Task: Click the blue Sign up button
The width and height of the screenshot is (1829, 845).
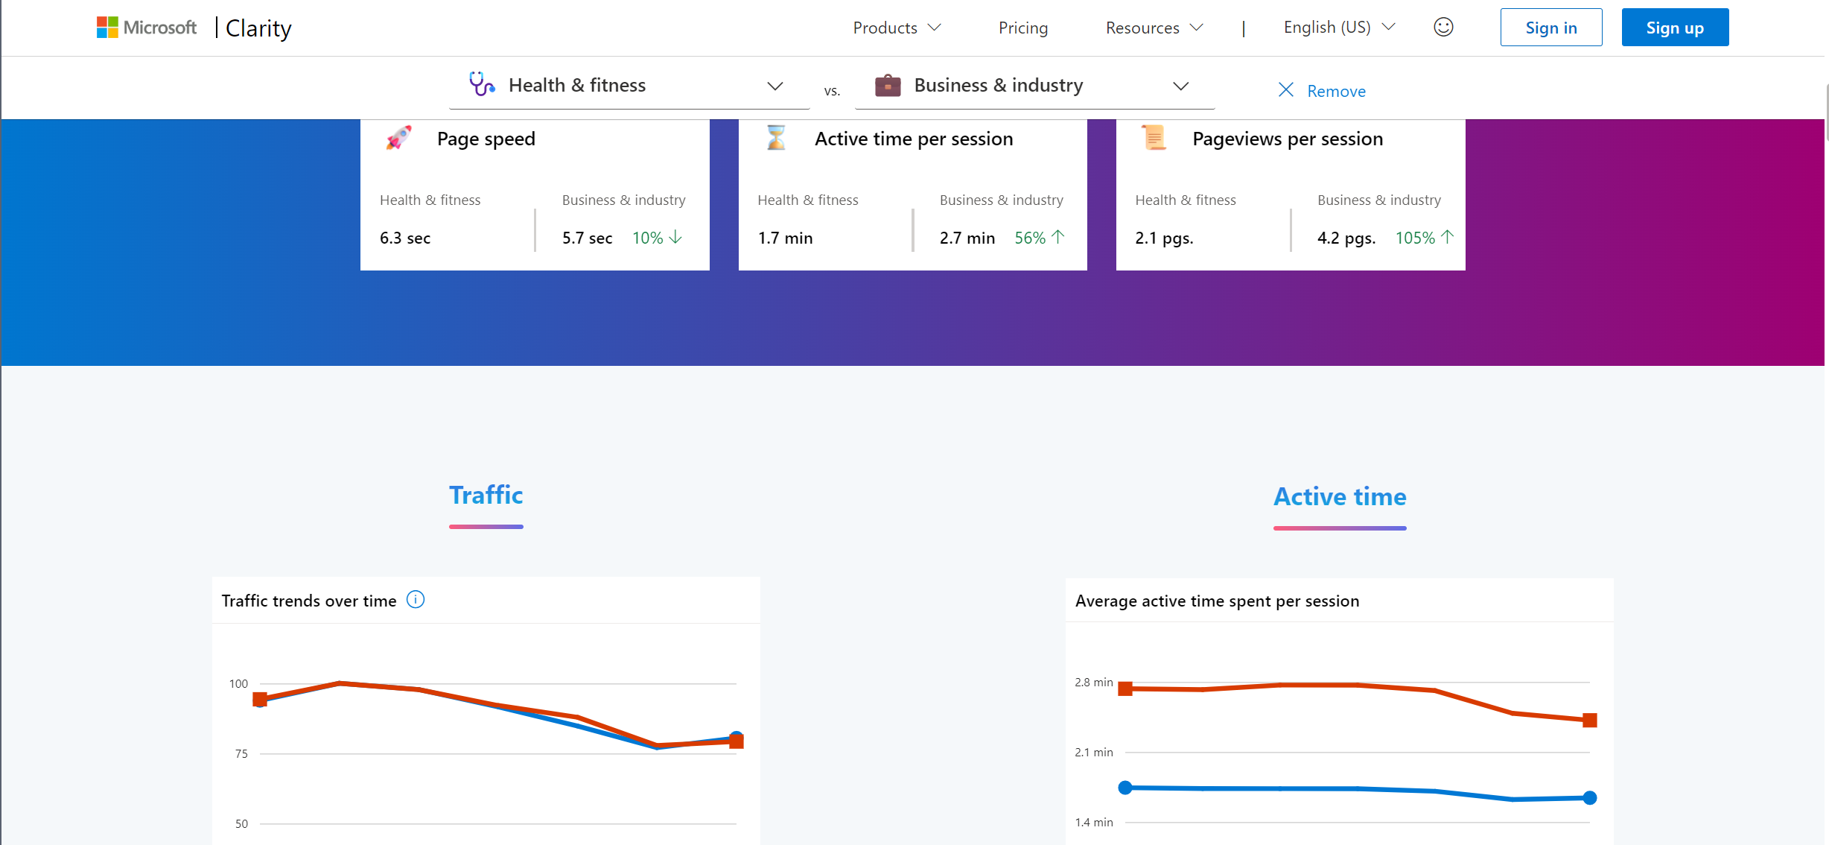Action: click(1674, 28)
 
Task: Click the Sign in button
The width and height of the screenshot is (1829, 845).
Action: click(1550, 28)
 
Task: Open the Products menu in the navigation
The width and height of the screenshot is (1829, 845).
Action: click(896, 28)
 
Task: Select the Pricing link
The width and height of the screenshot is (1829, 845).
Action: click(1022, 28)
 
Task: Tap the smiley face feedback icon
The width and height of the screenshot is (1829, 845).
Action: click(1442, 27)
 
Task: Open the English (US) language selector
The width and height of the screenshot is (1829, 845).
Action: click(1338, 27)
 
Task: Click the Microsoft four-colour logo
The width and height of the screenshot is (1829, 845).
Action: click(107, 28)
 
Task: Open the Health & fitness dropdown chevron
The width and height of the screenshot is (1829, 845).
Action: click(774, 86)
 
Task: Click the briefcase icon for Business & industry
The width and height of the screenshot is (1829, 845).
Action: click(887, 86)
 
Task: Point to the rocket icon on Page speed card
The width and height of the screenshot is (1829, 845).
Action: click(399, 138)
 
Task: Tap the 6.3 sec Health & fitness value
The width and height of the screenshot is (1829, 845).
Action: click(405, 238)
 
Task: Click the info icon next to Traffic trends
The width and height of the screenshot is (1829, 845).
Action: click(416, 600)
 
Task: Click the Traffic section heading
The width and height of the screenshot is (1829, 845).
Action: click(486, 496)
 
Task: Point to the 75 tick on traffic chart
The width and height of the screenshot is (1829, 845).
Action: click(241, 753)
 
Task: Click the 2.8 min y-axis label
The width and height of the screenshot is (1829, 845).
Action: click(1093, 682)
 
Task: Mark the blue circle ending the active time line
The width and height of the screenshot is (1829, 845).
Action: click(1589, 797)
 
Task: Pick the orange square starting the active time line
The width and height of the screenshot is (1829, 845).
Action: click(1125, 689)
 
